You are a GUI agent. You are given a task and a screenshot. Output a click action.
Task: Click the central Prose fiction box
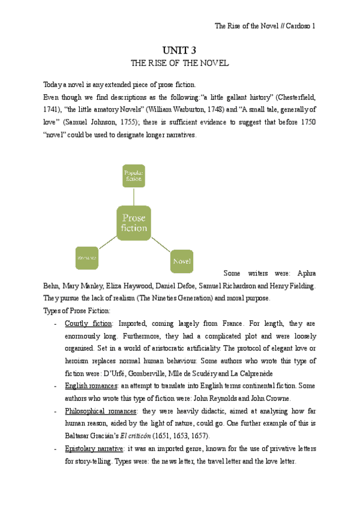134,223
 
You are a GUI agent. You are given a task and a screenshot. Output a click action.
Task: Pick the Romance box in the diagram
86,258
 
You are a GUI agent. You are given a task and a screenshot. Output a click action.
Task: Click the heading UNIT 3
180,52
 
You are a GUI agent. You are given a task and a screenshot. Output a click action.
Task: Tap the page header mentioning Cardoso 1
265,26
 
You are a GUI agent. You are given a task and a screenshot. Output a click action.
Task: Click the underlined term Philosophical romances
100,411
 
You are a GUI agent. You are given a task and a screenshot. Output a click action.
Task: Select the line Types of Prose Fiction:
77,310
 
